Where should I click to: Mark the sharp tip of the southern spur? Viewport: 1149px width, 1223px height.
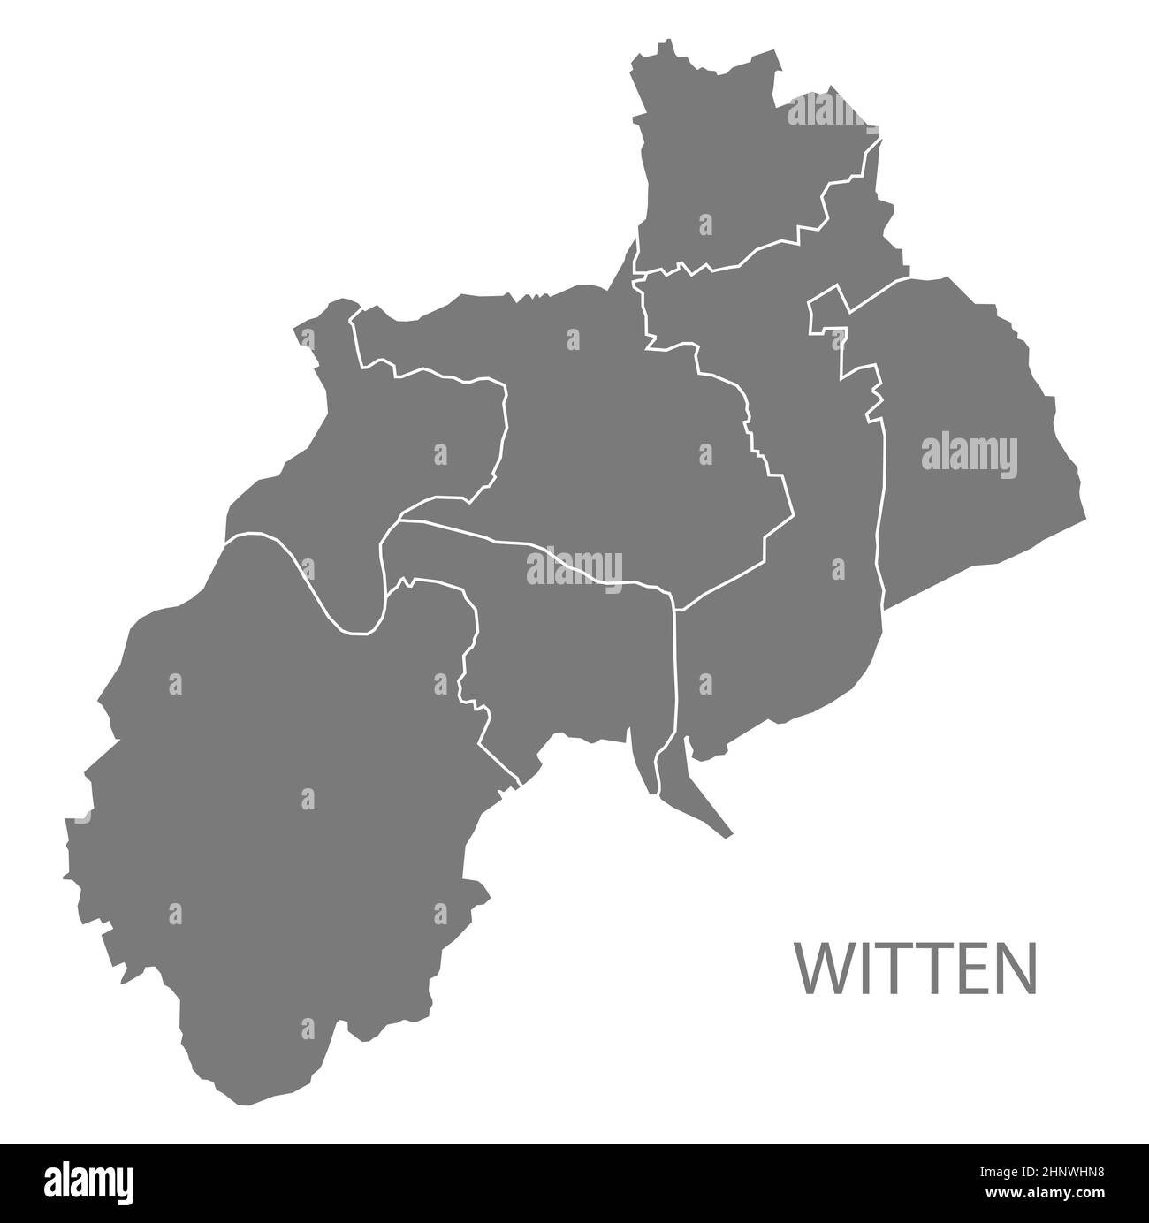[x=730, y=833]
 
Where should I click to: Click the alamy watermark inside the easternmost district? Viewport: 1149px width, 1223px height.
[x=969, y=455]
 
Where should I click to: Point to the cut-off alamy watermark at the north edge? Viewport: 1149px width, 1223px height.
[x=826, y=112]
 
